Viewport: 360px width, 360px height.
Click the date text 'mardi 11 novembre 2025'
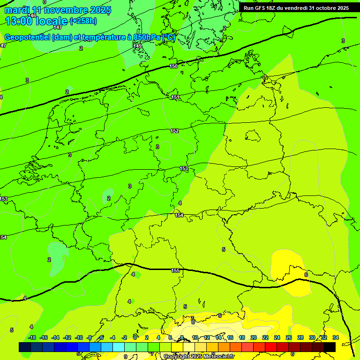click(58, 10)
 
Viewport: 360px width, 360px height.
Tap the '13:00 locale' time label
click(36, 21)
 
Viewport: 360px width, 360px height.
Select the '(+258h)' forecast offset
click(83, 21)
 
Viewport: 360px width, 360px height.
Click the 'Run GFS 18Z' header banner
click(296, 8)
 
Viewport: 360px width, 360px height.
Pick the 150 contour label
click(173, 66)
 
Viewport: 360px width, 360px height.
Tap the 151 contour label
click(175, 97)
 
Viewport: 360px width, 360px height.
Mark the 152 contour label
click(174, 131)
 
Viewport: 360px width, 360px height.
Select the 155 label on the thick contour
click(175, 270)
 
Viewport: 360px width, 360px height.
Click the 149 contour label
click(137, 46)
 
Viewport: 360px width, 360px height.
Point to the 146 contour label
click(32, 15)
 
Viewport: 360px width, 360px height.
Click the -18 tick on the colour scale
click(32, 337)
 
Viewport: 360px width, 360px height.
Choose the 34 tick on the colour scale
click(336, 337)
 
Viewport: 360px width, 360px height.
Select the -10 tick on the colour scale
click(78, 337)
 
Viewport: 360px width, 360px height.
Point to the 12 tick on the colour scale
click(207, 337)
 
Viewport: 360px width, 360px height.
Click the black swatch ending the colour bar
click(330, 347)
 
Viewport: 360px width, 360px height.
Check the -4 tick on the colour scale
click(112, 337)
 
